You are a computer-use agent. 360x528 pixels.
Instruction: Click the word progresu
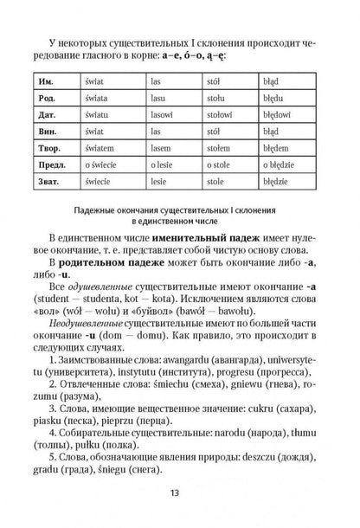pos(242,379)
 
